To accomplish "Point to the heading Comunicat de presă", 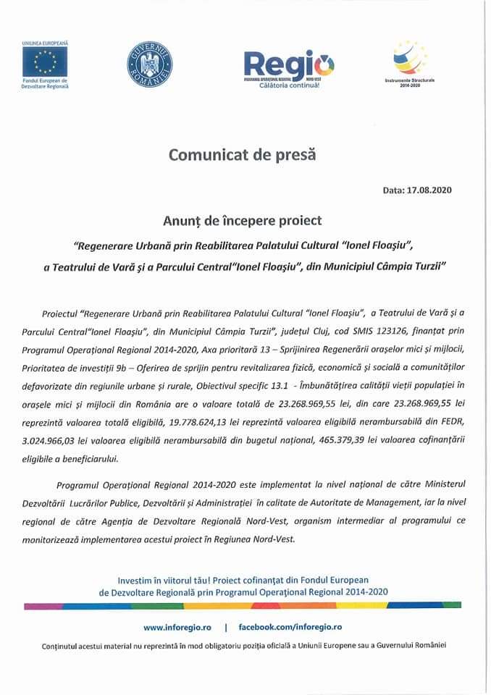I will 243,154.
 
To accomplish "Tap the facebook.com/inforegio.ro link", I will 290,626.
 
